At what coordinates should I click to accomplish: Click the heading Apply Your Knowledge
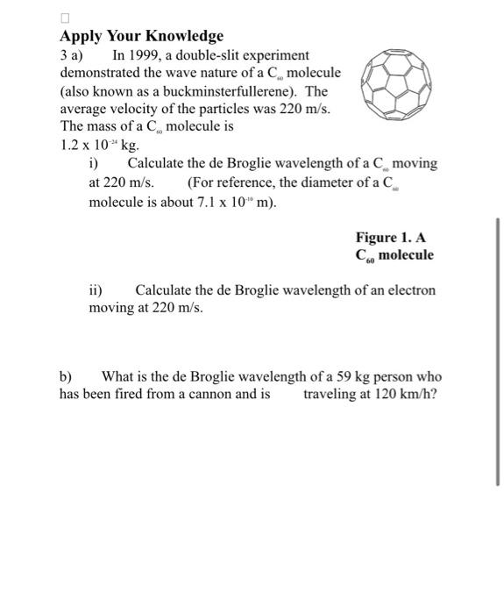(x=141, y=36)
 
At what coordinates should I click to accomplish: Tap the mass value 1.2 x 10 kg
(x=99, y=146)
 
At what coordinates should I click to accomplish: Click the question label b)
(x=66, y=377)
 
